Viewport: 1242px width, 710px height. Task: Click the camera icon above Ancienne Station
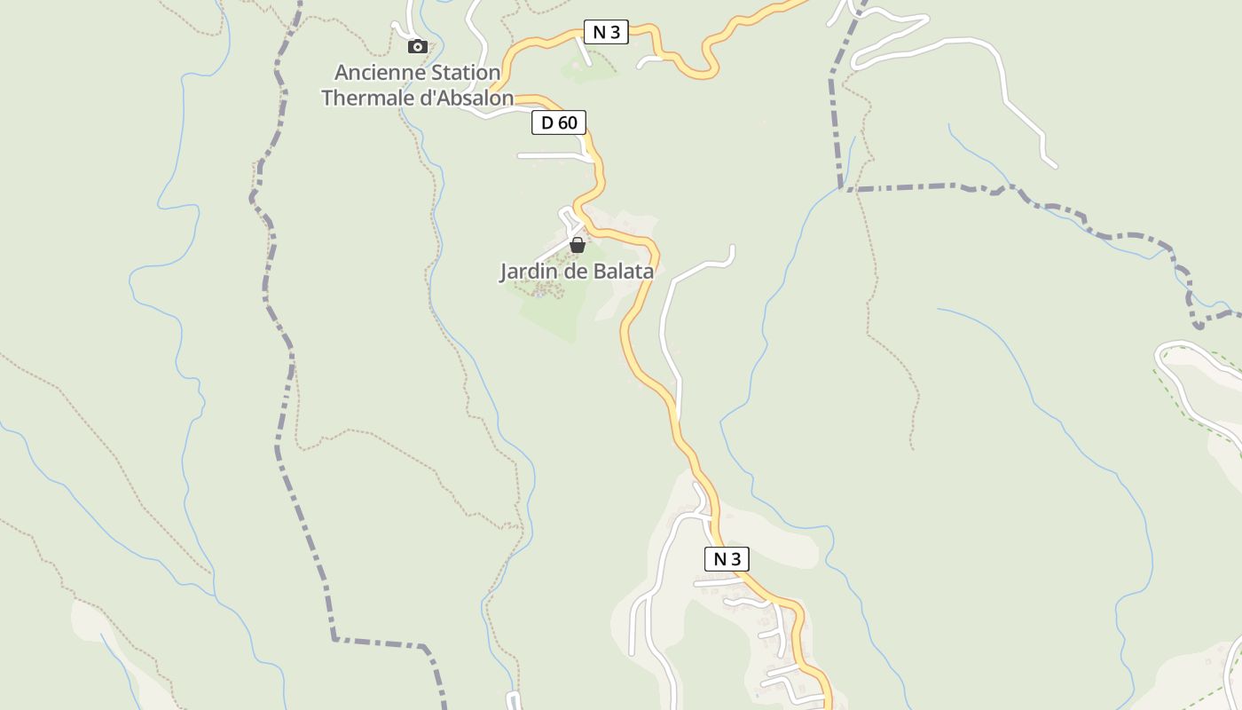[418, 47]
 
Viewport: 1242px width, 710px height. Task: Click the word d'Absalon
[466, 98]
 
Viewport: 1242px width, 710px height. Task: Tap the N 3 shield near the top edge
[606, 33]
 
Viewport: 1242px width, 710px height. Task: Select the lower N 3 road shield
[727, 559]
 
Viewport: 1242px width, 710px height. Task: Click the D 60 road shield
[559, 122]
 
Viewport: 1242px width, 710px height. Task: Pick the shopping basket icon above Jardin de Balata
[578, 245]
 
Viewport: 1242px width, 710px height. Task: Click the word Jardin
[527, 272]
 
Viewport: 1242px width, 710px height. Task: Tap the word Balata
[625, 272]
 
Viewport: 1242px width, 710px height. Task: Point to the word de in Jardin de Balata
[576, 272]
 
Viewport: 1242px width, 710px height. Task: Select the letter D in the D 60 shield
[547, 122]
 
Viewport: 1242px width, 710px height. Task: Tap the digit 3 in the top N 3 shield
[615, 33]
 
